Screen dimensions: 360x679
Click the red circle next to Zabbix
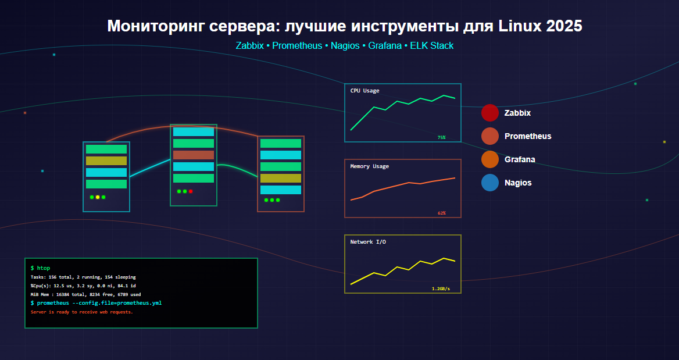(x=490, y=113)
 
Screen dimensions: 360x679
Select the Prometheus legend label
(x=527, y=136)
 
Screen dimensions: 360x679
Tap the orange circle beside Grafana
(x=490, y=159)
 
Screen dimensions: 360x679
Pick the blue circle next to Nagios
(x=490, y=183)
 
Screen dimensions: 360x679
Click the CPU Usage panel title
(x=364, y=91)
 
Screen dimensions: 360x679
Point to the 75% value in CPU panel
(x=441, y=138)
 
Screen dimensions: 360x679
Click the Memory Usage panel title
(x=369, y=166)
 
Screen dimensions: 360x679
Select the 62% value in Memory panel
(x=441, y=213)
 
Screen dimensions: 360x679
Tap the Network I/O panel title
(x=367, y=242)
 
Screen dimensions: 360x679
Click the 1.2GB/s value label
(x=441, y=288)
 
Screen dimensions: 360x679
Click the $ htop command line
(x=40, y=268)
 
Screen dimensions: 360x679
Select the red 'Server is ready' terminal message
(x=81, y=312)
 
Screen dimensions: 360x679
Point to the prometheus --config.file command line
(x=96, y=303)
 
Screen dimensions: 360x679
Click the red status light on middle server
(x=191, y=191)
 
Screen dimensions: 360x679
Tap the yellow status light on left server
(x=98, y=197)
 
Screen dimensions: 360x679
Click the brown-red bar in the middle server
(x=194, y=155)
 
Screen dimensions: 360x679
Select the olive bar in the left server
(x=106, y=161)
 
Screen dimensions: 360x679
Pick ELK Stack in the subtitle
(x=431, y=45)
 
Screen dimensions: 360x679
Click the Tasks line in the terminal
(x=83, y=277)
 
